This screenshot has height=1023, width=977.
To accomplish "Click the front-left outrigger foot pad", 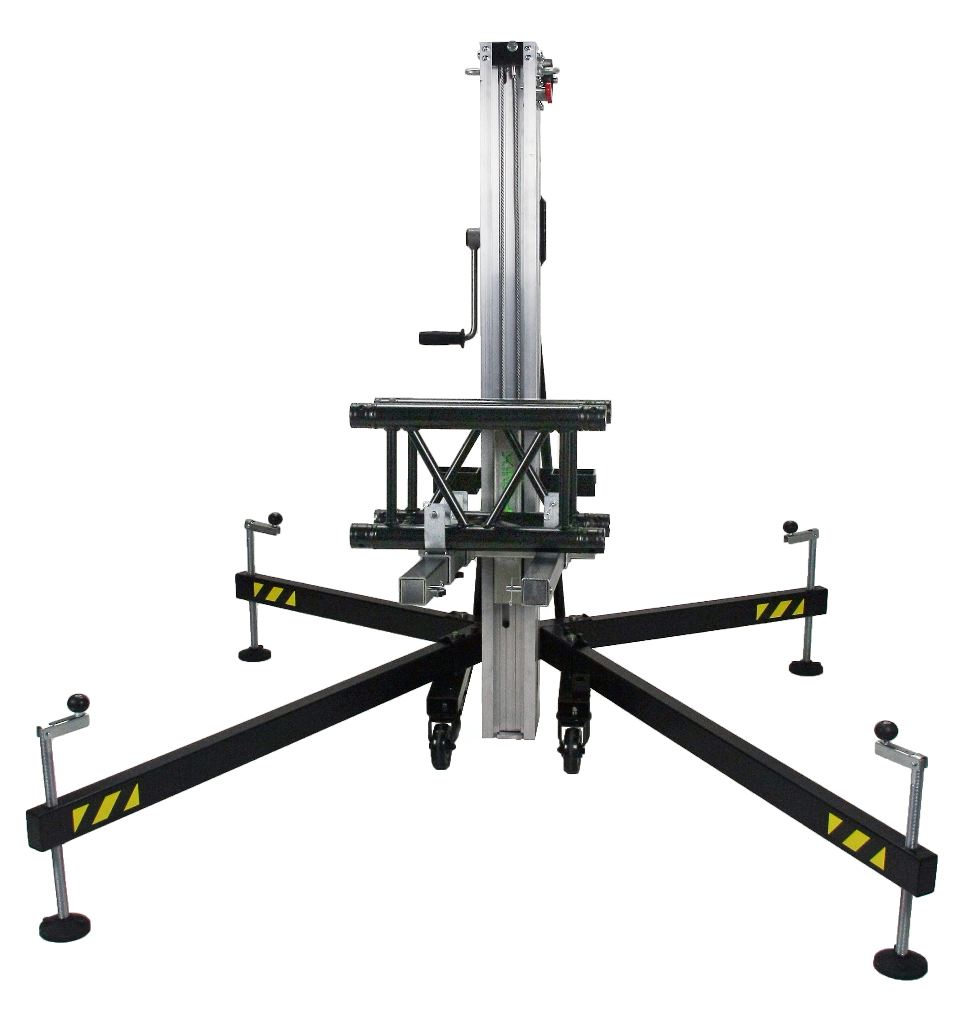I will [64, 926].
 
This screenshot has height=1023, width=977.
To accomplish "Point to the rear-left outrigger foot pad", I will [255, 653].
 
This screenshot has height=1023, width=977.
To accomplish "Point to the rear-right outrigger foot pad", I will [806, 667].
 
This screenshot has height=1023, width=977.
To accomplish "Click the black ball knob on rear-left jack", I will [275, 518].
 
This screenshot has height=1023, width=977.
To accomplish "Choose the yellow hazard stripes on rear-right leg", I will [780, 609].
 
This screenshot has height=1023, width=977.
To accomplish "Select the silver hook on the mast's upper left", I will [472, 72].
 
